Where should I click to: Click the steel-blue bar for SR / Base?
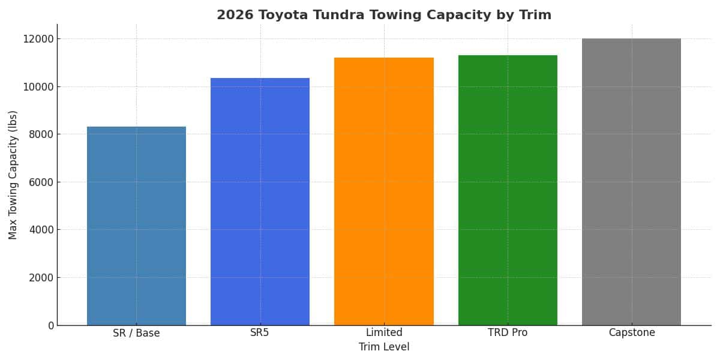click(136, 226)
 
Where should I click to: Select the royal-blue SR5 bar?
click(260, 202)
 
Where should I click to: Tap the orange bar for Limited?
click(384, 191)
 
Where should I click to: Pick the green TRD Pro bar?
click(508, 190)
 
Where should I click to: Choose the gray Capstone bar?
click(631, 182)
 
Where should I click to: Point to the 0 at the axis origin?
click(51, 325)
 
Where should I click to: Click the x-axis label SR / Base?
click(136, 333)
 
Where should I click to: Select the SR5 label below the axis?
click(260, 332)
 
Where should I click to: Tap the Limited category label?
click(384, 332)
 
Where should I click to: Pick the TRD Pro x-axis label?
click(508, 332)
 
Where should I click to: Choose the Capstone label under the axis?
click(631, 332)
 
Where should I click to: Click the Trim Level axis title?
click(384, 347)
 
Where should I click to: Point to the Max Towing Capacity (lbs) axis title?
click(13, 175)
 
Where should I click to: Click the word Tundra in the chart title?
click(323, 15)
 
